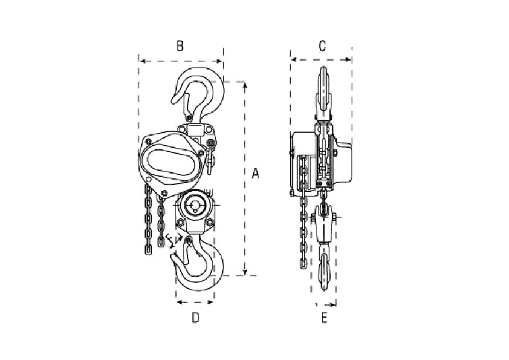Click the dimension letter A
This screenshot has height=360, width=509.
tap(256, 174)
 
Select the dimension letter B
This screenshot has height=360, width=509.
tap(180, 46)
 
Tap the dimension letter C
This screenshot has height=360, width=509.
tap(322, 46)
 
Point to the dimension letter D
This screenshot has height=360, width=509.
tap(195, 318)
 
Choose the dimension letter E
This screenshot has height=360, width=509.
tap(324, 318)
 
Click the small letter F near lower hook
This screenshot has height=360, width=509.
tap(170, 240)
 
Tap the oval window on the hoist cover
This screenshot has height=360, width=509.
tap(172, 163)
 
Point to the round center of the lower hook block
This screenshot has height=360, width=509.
tap(195, 206)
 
